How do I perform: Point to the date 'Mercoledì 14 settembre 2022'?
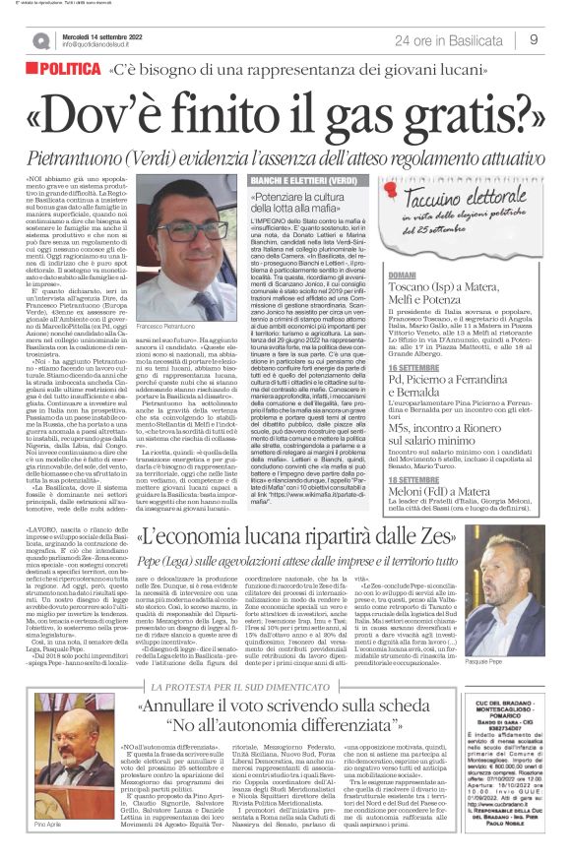click(x=107, y=34)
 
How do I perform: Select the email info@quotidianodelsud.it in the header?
click(x=107, y=44)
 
